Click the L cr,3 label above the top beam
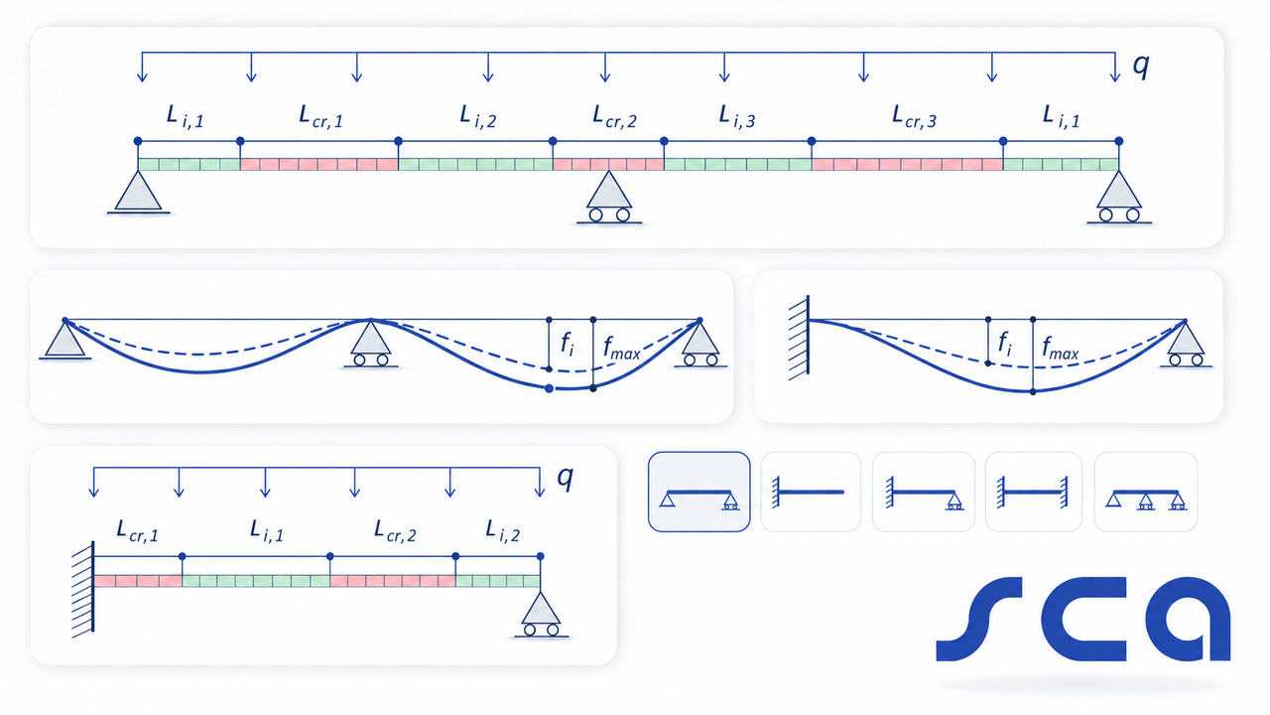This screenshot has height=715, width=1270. [x=914, y=117]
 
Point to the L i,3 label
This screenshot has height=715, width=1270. [x=737, y=116]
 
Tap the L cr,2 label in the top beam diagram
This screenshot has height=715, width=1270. [x=614, y=117]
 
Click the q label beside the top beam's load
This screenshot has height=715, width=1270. [x=1141, y=66]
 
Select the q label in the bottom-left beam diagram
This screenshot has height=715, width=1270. [x=566, y=478]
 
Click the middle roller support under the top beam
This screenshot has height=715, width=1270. [x=609, y=198]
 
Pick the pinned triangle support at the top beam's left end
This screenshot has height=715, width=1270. [x=138, y=193]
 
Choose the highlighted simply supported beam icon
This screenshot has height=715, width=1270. [x=699, y=492]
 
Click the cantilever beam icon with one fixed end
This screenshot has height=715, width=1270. [x=811, y=492]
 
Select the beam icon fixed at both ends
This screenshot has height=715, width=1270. [x=1034, y=492]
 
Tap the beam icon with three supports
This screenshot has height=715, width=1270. [x=1145, y=492]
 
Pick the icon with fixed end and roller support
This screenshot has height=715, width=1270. [x=923, y=492]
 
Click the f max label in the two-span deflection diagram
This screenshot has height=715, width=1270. [x=622, y=348]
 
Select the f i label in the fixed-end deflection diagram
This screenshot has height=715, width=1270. [x=1005, y=344]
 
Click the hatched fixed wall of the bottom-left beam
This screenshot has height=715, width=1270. [x=83, y=588]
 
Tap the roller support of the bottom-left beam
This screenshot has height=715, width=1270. [x=541, y=615]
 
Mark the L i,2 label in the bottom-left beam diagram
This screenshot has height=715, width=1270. [x=502, y=531]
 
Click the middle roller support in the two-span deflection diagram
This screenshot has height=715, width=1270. [x=371, y=344]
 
